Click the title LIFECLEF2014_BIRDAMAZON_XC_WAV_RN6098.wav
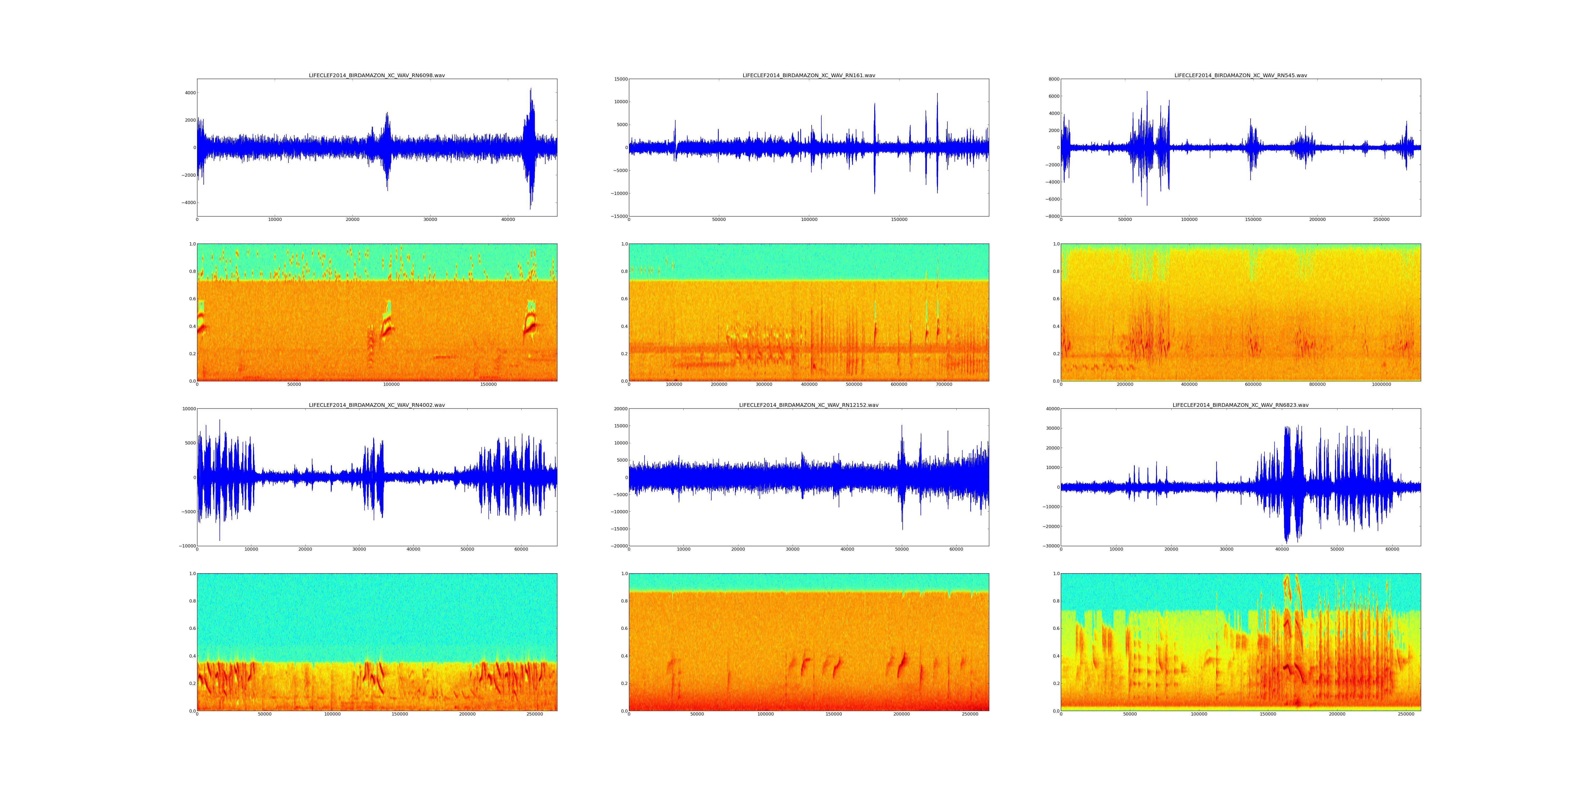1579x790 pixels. (376, 75)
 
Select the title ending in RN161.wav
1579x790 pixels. (808, 75)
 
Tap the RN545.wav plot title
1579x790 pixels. (1240, 75)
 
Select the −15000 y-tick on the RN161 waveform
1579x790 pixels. (618, 216)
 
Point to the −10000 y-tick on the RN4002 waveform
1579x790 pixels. (185, 546)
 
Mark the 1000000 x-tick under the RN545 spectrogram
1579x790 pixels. (1381, 384)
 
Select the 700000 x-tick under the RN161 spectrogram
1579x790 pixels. (944, 384)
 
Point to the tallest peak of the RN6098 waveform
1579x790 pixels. (531, 89)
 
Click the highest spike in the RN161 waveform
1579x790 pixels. (937, 94)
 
